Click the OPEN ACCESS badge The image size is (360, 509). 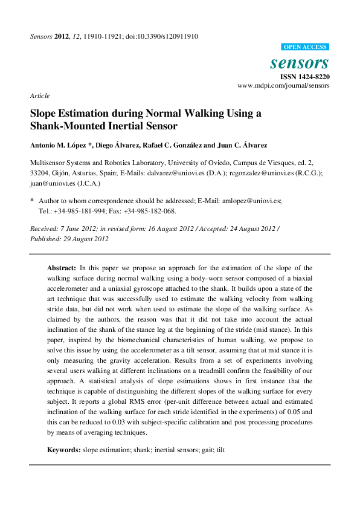pyautogui.click(x=306, y=47)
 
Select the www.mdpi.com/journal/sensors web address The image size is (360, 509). pyautogui.click(x=283, y=86)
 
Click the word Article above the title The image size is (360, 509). pyautogui.click(x=39, y=96)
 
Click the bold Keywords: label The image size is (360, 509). pyautogui.click(x=64, y=450)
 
